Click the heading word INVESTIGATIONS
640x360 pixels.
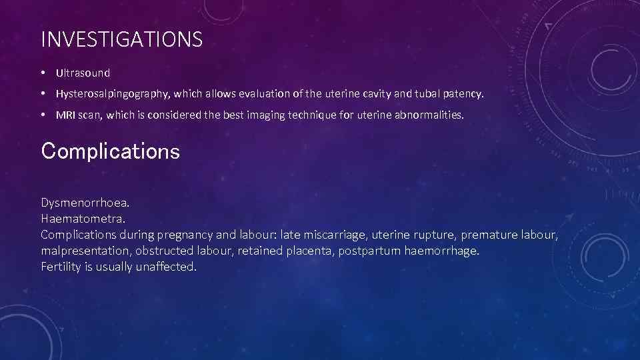pos(121,40)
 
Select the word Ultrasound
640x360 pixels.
pos(83,73)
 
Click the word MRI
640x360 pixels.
pos(65,115)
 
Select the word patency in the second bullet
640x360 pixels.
pos(465,94)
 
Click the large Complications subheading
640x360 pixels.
pos(110,151)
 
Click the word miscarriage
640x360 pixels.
pos(333,235)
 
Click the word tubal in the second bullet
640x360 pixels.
pos(420,94)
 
